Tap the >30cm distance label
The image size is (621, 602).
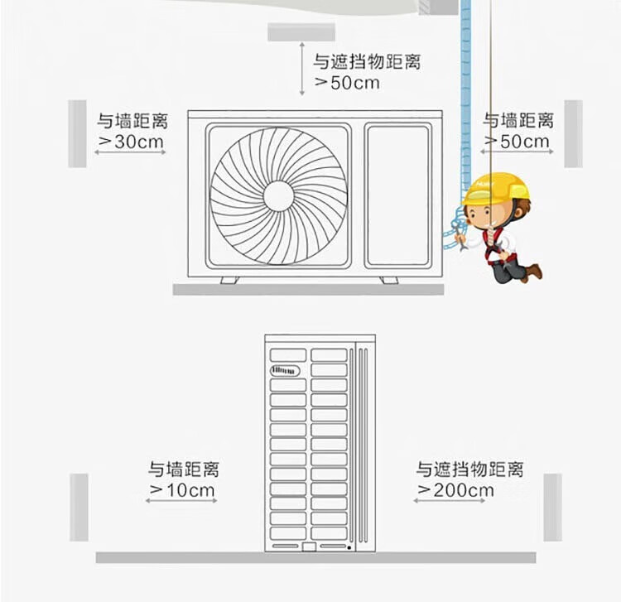(131, 142)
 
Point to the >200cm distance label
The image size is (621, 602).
(455, 490)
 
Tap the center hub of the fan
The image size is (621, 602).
(278, 196)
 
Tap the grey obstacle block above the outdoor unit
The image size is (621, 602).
(301, 32)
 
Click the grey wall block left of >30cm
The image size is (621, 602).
(77, 133)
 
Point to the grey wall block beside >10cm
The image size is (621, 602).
(79, 507)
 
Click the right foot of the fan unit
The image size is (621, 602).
(388, 280)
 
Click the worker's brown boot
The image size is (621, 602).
(534, 272)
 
